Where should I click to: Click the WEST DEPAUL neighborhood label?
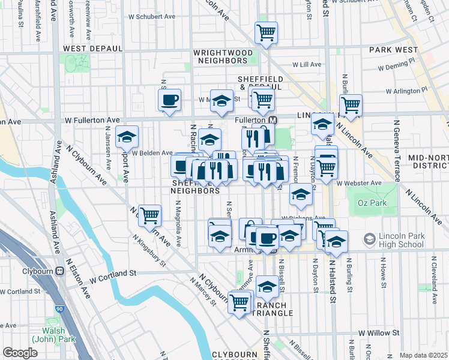pyautogui.click(x=92, y=48)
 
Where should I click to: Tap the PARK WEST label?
pyautogui.click(x=393, y=49)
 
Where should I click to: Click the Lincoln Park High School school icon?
pyautogui.click(x=369, y=239)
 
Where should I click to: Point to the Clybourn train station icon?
pyautogui.click(x=60, y=271)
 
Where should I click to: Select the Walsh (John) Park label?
pyautogui.click(x=58, y=336)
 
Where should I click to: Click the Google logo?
pyautogui.click(x=19, y=353)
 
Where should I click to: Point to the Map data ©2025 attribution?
pyautogui.click(x=424, y=355)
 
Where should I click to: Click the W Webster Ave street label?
pyautogui.click(x=359, y=183)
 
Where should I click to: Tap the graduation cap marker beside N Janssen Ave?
pyautogui.click(x=127, y=138)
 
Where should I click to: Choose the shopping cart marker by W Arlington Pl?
pyautogui.click(x=351, y=106)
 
